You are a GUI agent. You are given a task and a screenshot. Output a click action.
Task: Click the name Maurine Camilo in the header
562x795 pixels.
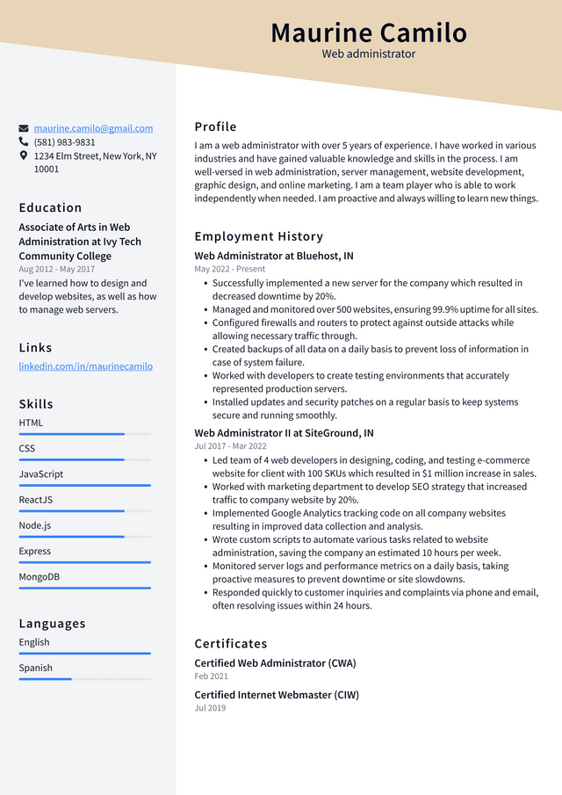[369, 33]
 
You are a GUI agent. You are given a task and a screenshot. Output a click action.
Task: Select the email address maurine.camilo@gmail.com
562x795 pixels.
[93, 128]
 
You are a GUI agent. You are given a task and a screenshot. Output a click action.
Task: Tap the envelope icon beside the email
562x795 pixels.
[24, 128]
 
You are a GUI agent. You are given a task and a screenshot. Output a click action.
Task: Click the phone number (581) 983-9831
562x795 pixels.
[64, 142]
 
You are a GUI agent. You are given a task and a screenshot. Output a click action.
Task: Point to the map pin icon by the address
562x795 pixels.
[24, 155]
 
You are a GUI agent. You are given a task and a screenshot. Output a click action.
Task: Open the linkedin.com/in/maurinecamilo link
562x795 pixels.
[85, 366]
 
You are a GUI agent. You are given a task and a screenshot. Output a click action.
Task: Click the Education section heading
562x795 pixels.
[50, 208]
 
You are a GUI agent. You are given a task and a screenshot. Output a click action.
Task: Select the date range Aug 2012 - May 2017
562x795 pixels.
[56, 270]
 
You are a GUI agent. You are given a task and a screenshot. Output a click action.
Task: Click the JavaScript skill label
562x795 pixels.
[41, 474]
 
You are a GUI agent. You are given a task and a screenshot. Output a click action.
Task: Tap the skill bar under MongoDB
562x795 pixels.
[84, 588]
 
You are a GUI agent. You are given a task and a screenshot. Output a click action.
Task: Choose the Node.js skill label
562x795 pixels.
[35, 525]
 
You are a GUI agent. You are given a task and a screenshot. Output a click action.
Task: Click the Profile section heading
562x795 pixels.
[215, 126]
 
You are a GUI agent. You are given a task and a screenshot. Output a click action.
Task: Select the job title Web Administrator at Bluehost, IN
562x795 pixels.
[274, 257]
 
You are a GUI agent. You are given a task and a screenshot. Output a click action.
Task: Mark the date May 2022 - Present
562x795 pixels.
[230, 270]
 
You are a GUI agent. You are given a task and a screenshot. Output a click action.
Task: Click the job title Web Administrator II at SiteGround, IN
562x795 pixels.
[284, 433]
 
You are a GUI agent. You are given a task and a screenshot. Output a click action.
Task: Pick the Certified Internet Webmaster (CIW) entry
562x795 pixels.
[277, 695]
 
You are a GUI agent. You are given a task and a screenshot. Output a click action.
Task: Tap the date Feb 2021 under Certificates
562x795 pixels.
[211, 676]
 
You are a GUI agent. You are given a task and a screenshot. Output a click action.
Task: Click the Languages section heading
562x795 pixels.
[52, 624]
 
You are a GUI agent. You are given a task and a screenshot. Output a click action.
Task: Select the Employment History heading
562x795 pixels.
[259, 236]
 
